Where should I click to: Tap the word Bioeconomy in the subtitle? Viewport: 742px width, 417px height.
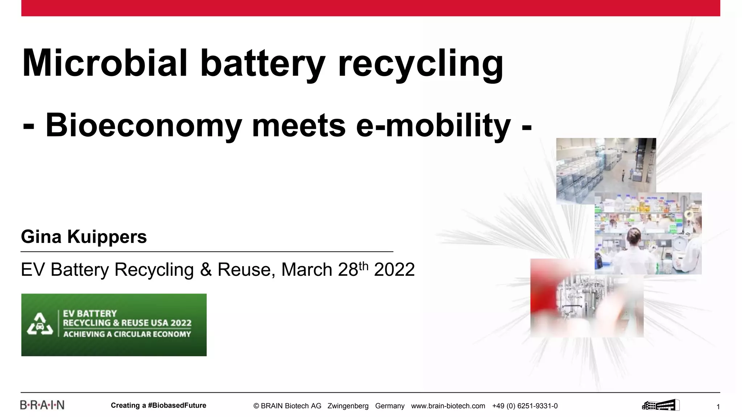[x=143, y=125]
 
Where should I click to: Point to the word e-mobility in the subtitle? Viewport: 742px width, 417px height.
[x=433, y=125]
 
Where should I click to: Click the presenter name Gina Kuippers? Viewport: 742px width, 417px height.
[x=84, y=237]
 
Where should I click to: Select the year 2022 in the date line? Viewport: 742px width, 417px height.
[x=394, y=270]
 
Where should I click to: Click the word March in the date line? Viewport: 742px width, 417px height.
[x=307, y=270]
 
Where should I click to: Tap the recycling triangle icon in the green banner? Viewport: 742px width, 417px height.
[x=40, y=324]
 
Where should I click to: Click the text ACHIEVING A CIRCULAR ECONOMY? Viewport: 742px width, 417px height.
[x=127, y=334]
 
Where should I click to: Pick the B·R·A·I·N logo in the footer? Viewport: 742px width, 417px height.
[x=42, y=405]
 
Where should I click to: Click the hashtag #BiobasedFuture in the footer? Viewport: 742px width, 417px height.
[x=177, y=405]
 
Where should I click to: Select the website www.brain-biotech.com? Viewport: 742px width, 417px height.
[x=448, y=406]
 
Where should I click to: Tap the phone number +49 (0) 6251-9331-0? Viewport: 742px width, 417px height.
[x=525, y=406]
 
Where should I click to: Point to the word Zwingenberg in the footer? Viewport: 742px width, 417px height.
[x=348, y=406]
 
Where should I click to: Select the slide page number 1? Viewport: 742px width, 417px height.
[x=718, y=407]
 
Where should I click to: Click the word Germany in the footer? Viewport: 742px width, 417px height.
[x=389, y=406]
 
